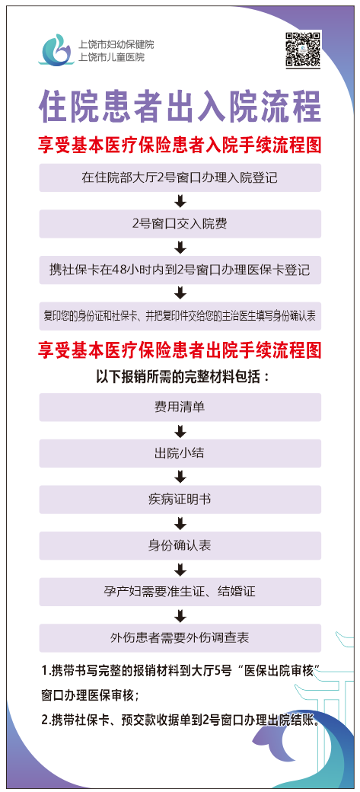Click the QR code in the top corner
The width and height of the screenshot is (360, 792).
(x=303, y=49)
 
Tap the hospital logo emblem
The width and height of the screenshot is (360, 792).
(x=56, y=49)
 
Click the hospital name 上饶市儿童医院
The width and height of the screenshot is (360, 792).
(x=112, y=58)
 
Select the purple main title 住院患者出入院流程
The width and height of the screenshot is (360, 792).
(x=180, y=106)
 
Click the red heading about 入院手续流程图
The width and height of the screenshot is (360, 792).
(x=180, y=146)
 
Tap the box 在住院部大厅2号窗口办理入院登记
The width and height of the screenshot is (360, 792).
(x=180, y=177)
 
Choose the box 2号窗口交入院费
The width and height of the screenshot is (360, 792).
(x=180, y=224)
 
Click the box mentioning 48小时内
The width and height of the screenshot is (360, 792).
(x=180, y=270)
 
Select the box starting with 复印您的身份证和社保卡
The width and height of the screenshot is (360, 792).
(x=180, y=316)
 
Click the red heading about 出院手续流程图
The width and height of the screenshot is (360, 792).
(x=180, y=350)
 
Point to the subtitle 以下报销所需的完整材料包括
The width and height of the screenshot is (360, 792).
(x=180, y=377)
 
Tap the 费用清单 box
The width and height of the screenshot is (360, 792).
(x=180, y=407)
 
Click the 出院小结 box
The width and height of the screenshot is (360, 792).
(x=180, y=453)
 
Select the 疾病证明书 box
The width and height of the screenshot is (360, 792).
(x=180, y=500)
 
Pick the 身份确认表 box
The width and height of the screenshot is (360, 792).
(x=180, y=545)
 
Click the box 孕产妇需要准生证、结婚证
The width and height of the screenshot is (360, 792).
(x=180, y=592)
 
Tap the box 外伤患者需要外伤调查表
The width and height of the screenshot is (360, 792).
(x=180, y=638)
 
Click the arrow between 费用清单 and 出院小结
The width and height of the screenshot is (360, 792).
(x=180, y=430)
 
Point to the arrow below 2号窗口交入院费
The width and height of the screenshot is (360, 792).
(x=180, y=247)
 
